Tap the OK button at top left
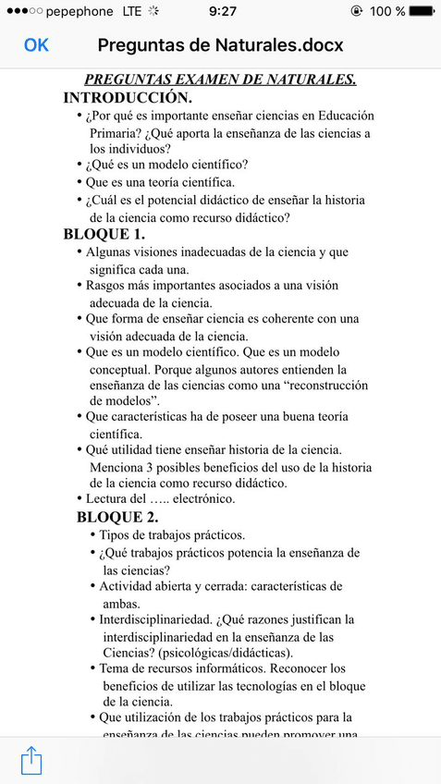click(x=36, y=44)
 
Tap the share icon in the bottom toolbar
click(x=31, y=760)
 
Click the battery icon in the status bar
click(x=424, y=11)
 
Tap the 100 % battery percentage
click(x=387, y=11)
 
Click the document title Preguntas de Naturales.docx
click(x=220, y=44)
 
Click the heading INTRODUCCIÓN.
click(x=128, y=97)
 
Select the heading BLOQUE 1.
click(x=104, y=234)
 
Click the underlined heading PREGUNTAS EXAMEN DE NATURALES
click(x=220, y=80)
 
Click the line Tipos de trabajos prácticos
click(x=172, y=535)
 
